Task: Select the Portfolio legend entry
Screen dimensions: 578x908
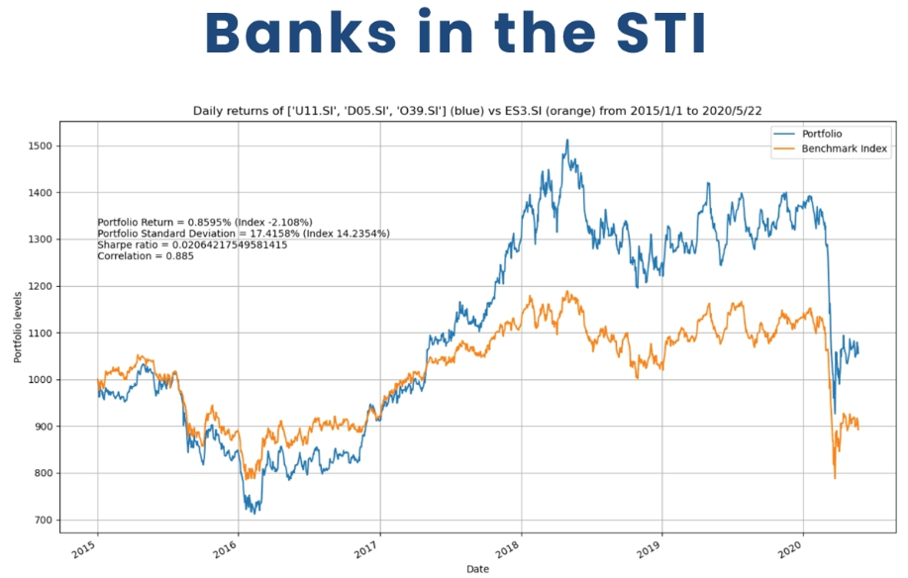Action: [x=827, y=133]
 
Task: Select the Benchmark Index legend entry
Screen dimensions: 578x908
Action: [x=845, y=149]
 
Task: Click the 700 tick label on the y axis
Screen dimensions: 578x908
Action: [x=43, y=521]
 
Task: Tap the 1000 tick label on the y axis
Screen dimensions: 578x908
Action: [x=40, y=380]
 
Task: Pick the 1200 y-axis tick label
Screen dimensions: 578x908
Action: [x=40, y=286]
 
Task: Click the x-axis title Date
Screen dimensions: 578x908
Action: [x=479, y=568]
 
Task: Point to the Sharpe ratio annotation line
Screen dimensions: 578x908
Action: [x=192, y=244]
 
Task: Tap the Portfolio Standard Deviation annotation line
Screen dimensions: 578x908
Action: [x=244, y=234]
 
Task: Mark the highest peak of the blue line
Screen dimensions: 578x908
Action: [x=567, y=141]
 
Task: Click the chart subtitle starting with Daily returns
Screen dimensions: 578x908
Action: [x=479, y=111]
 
